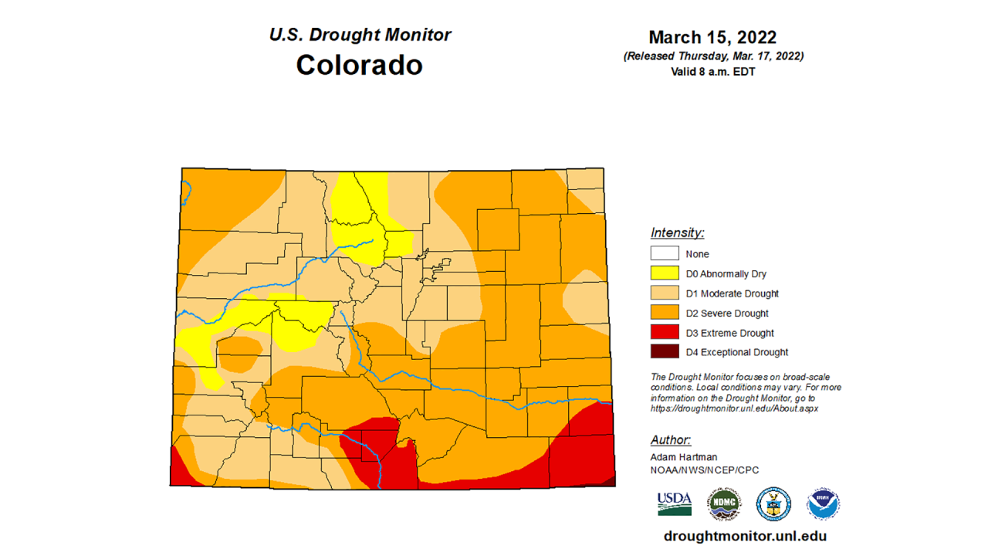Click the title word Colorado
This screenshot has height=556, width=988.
pos(359,65)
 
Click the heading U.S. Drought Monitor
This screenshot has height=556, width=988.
pos(360,35)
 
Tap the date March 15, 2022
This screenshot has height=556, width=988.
pos(712,37)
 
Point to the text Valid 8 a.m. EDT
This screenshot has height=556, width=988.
pos(712,72)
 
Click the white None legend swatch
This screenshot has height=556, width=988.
pos(665,253)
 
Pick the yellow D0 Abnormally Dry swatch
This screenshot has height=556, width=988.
pos(665,273)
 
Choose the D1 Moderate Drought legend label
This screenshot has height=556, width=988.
pos(732,293)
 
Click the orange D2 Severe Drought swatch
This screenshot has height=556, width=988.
pos(665,313)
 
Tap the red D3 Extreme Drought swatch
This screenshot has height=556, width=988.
pos(665,333)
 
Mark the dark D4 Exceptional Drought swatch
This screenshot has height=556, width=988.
pos(665,352)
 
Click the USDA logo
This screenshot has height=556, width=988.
pos(674,503)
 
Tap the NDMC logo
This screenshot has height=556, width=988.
pos(724,503)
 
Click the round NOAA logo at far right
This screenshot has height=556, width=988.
pos(823,503)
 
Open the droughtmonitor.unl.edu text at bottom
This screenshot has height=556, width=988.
pos(745,536)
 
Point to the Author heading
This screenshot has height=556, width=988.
pos(670,439)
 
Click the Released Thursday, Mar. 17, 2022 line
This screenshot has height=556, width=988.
pos(712,56)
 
